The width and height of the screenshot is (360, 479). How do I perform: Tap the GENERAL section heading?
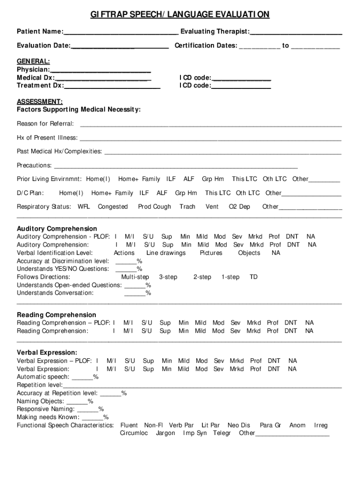point(33,61)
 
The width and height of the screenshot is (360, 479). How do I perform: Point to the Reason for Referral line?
point(210,124)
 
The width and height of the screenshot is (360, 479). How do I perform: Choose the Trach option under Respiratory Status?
point(187,207)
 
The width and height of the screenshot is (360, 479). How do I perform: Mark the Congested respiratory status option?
point(113,207)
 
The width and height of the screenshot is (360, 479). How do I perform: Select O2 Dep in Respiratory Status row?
point(239,207)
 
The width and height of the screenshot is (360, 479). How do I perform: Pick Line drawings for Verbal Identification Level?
point(166,253)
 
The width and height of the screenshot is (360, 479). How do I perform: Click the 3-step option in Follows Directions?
point(168,277)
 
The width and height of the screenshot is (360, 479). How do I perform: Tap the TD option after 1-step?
point(253,277)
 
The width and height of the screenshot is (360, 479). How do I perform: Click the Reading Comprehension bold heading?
point(57,315)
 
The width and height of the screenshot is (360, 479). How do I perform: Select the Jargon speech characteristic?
point(166,433)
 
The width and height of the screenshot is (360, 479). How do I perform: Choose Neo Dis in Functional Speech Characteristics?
point(239,425)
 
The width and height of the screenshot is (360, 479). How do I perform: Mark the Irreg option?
point(321,425)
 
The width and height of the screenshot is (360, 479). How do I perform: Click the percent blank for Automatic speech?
point(82,377)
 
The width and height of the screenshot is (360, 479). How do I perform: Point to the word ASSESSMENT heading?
point(40,102)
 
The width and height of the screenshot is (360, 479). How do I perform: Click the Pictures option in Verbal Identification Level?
point(211,253)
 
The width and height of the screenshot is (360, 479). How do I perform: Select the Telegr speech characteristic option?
point(222,433)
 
